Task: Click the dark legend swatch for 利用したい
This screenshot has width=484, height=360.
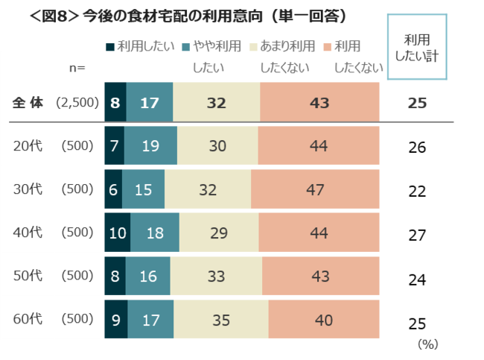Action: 110,47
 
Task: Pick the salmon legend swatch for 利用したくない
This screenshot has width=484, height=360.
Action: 328,47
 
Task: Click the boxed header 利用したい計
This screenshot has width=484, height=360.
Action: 416,46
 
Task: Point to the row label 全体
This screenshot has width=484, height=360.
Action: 29,103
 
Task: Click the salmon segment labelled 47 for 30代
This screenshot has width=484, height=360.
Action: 315,189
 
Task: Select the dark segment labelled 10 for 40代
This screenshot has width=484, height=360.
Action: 118,233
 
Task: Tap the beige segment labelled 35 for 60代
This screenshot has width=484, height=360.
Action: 221,321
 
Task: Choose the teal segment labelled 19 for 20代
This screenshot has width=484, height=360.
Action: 150,145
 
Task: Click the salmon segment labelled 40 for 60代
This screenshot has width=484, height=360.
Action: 324,321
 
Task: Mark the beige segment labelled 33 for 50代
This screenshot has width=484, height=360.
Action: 216,277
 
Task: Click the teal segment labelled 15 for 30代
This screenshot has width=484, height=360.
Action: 144,189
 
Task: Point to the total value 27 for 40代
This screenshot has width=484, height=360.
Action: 417,235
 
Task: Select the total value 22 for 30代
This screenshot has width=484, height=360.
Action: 417,191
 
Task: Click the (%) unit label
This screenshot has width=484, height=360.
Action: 427,345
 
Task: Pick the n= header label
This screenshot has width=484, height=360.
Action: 77,69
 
